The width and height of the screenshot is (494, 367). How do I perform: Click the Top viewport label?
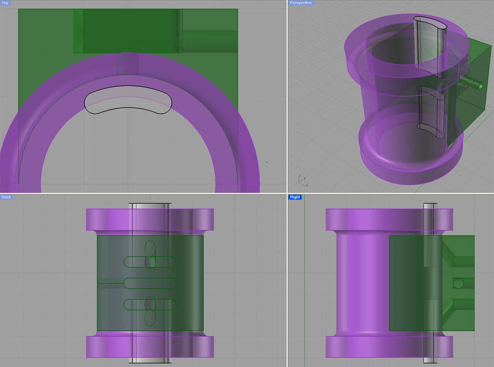[x=5, y=3]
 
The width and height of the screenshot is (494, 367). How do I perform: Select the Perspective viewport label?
[x=301, y=3]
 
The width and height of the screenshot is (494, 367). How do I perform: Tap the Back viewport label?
[x=6, y=197]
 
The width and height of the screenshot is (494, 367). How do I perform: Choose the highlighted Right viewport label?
[x=295, y=197]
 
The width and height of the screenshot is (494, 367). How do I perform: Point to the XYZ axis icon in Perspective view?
[x=301, y=180]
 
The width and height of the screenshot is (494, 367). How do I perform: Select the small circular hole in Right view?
[x=458, y=283]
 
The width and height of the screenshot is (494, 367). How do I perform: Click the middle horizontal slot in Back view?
[x=150, y=283]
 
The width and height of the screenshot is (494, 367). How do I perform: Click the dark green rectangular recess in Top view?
[x=128, y=30]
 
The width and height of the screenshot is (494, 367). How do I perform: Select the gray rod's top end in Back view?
[x=150, y=206]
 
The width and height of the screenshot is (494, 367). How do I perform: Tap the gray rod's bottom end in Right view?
[x=430, y=360]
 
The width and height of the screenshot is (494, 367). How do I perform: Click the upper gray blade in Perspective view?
[x=428, y=43]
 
